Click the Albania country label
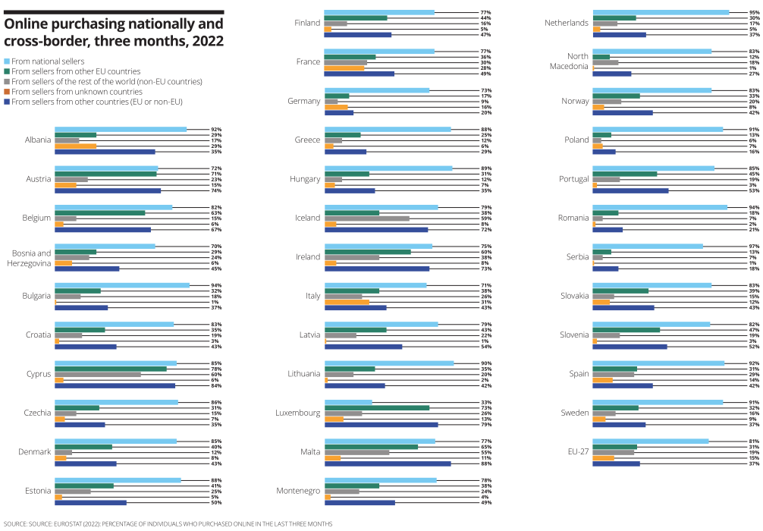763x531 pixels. click(38, 140)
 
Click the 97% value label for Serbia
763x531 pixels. click(753, 245)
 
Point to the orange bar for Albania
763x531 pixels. click(76, 146)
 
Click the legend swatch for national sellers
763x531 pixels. click(7, 61)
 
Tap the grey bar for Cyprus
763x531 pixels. click(98, 374)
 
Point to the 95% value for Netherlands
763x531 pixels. click(753, 11)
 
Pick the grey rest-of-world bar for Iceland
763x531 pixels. click(367, 218)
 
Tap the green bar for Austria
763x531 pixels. click(105, 174)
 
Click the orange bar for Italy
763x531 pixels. click(347, 302)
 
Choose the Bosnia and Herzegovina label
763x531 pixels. click(32, 258)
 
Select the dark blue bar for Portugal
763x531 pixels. click(630, 190)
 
